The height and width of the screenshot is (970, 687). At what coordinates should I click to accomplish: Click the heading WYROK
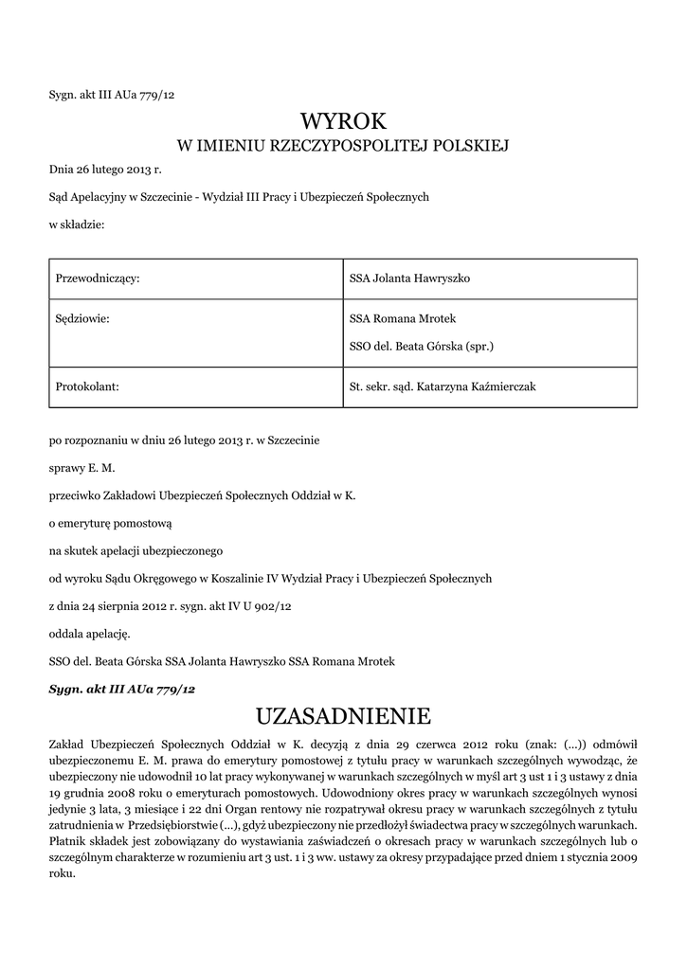[344, 121]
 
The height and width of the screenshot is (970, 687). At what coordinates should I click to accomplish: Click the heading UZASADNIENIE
[344, 714]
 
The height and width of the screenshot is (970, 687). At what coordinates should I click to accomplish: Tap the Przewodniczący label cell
[99, 278]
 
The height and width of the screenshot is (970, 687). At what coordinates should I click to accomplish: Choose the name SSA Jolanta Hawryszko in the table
[410, 278]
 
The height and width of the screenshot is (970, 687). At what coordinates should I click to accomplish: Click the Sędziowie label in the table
[84, 318]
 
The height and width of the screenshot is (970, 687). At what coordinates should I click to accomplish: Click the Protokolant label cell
[87, 386]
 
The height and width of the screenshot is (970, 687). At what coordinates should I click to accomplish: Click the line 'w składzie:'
[77, 225]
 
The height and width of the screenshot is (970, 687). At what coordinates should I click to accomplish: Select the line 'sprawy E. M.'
[81, 468]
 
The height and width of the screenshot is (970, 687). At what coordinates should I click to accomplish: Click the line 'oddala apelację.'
[89, 633]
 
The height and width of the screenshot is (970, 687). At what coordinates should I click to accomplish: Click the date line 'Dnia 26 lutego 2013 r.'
[105, 171]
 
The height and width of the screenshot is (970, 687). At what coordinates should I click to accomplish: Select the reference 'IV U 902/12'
[264, 605]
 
